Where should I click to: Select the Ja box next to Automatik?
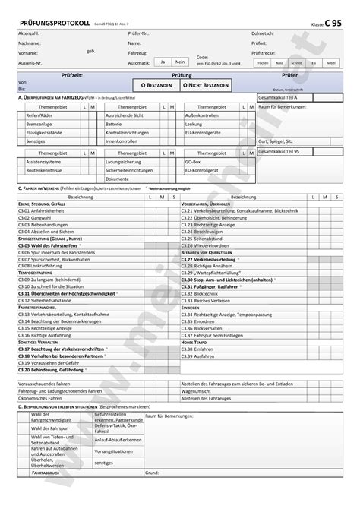tap(162, 61)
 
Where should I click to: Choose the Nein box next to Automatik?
tap(179, 61)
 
